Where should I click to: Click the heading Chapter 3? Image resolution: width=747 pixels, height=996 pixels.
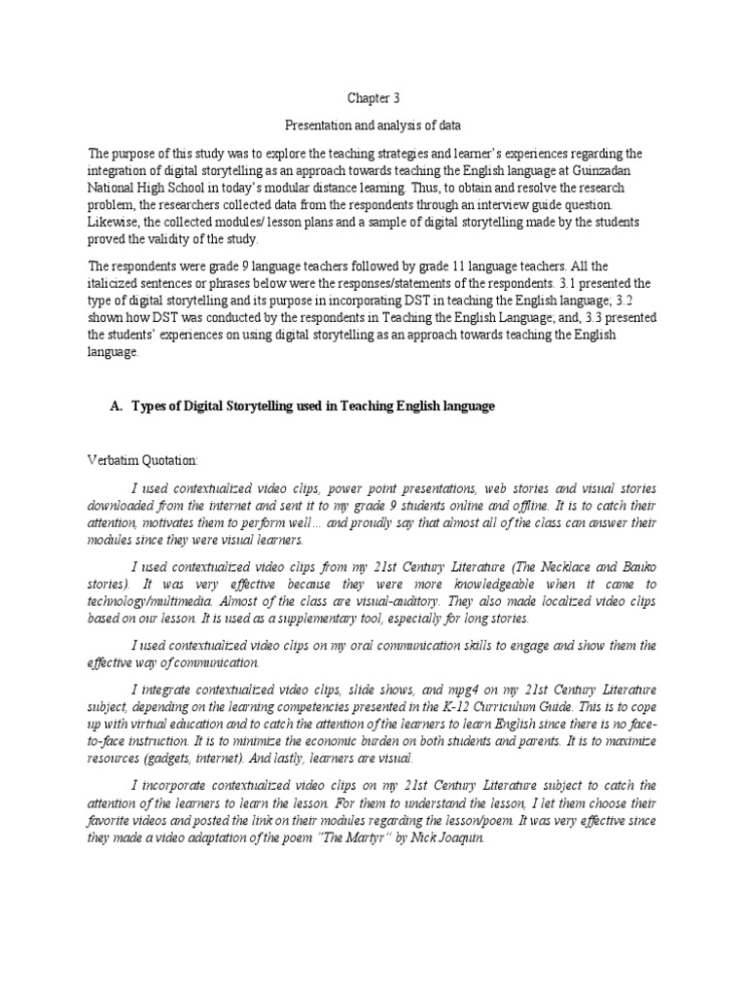tap(373, 98)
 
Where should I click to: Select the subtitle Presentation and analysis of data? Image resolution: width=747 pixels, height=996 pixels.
tap(373, 125)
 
